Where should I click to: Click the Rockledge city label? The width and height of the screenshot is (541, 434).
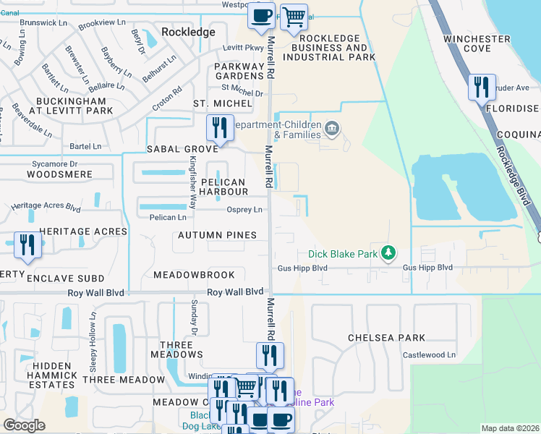tap(189, 32)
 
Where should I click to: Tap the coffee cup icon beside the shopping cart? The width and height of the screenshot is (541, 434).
tap(261, 15)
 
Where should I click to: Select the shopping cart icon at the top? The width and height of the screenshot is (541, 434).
tap(293, 16)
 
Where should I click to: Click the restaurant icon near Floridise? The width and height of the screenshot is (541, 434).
tap(482, 88)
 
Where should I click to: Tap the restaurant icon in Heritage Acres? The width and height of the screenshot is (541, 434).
tap(27, 244)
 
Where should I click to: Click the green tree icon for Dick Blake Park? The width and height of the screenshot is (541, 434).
tap(389, 252)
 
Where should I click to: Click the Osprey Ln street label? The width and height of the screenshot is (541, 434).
tap(244, 210)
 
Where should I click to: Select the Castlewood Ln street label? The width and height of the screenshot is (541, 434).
tap(430, 354)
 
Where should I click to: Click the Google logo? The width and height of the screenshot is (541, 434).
tap(24, 425)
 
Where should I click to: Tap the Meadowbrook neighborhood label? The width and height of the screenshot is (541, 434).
tap(194, 275)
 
